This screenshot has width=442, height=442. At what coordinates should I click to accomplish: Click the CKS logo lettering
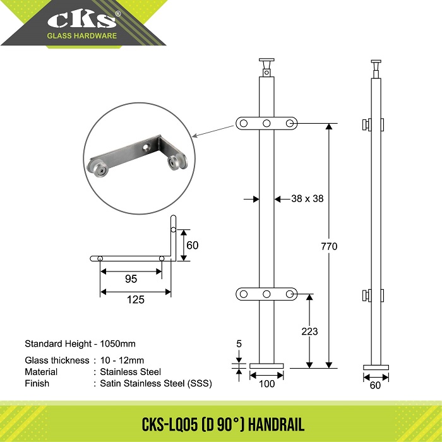pos(82,20)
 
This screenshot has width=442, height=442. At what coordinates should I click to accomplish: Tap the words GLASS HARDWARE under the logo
pos(81,36)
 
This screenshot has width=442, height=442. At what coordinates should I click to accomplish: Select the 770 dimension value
pos(329,246)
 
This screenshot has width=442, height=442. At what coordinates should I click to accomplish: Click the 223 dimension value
pos(309,331)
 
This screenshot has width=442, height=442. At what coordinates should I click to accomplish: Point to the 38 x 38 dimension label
pos(308,198)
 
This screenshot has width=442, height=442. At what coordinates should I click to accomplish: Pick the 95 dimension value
pos(131,279)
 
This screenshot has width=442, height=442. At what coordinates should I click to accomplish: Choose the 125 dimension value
pos(136,299)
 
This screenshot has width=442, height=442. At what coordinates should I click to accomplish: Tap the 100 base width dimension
pos(266,384)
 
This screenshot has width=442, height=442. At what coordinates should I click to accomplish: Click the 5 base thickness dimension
pos(239,343)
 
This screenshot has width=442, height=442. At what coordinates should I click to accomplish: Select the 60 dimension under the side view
pos(375,385)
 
